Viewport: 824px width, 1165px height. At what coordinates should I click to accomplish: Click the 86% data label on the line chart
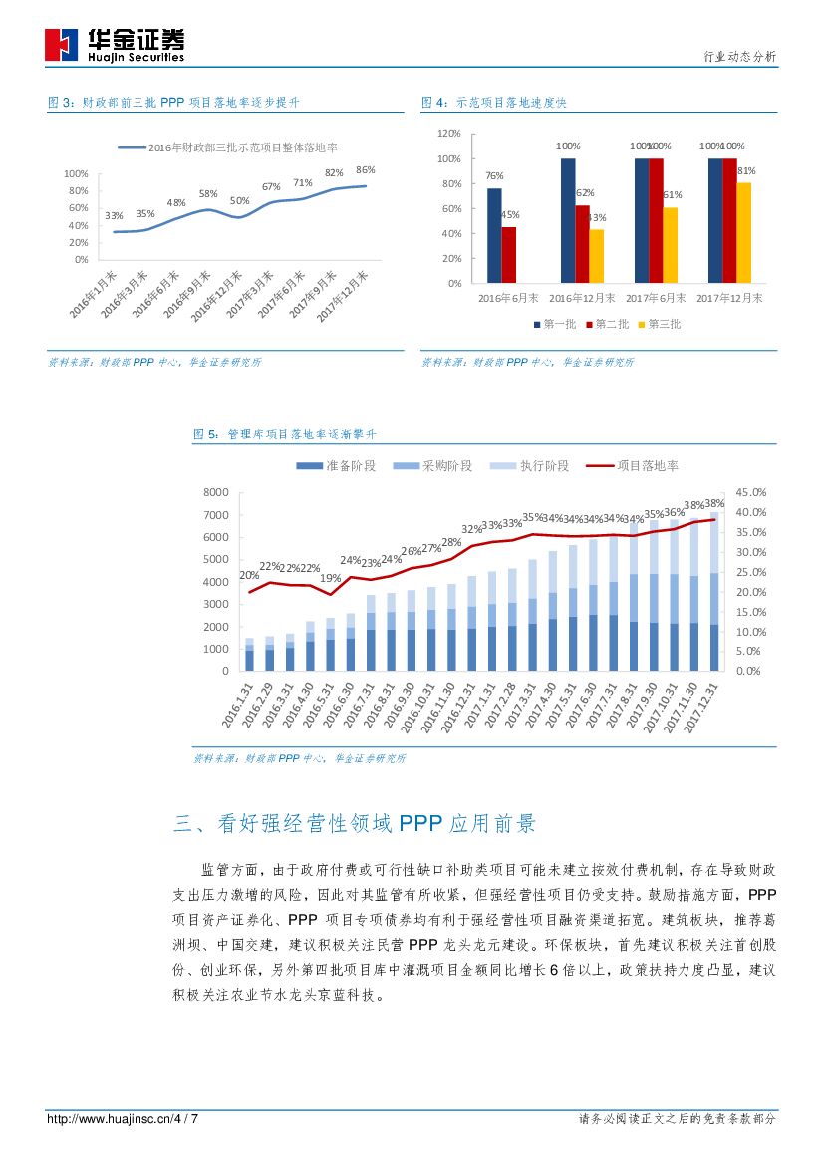[x=365, y=169]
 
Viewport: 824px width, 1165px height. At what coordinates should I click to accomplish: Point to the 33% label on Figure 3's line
[x=114, y=216]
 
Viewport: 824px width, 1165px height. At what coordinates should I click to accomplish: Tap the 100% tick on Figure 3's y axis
[x=77, y=173]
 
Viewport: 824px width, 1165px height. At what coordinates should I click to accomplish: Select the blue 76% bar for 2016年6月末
[x=494, y=235]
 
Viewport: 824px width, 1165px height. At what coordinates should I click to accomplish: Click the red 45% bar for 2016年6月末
[x=509, y=254]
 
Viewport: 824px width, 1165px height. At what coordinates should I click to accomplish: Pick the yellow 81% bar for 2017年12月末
[x=744, y=232]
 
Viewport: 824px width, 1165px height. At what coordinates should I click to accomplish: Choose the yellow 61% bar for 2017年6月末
[x=671, y=244]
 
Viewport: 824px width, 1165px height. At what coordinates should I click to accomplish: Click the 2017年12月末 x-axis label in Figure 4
[x=729, y=297]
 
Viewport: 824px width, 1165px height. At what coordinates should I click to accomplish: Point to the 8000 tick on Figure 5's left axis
[x=216, y=492]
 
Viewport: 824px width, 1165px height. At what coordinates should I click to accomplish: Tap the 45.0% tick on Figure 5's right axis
[x=750, y=492]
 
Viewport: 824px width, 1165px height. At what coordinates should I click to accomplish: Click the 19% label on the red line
[x=330, y=579]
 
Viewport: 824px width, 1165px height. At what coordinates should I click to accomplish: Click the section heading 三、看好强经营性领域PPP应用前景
[x=356, y=823]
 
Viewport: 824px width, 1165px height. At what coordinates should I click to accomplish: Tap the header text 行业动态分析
[x=739, y=57]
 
